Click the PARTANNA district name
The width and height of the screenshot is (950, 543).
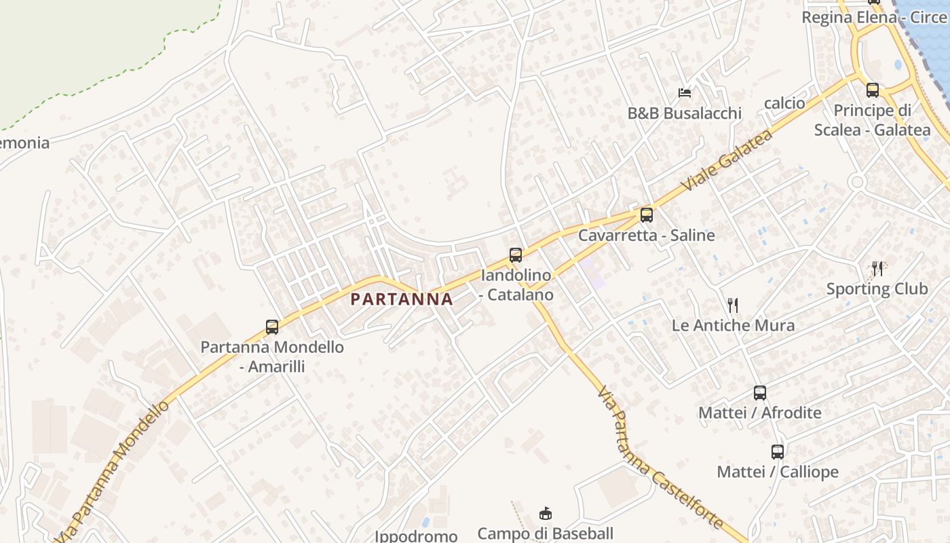pyautogui.click(x=402, y=299)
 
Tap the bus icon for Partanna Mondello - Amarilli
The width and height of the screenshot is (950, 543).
pyautogui.click(x=272, y=327)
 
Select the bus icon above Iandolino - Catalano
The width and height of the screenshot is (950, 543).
pyautogui.click(x=516, y=255)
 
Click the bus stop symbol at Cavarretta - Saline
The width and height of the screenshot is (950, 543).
pyautogui.click(x=647, y=215)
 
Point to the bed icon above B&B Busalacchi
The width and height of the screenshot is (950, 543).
pyautogui.click(x=685, y=92)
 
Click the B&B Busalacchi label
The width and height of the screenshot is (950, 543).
pyautogui.click(x=684, y=113)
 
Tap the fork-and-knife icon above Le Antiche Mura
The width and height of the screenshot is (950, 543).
pyautogui.click(x=732, y=305)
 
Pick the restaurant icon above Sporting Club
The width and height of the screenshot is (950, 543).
pyautogui.click(x=877, y=269)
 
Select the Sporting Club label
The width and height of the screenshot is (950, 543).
pyautogui.click(x=877, y=289)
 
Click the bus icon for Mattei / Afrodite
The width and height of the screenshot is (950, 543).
pyautogui.click(x=760, y=392)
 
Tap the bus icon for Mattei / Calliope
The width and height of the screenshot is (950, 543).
pyautogui.click(x=778, y=451)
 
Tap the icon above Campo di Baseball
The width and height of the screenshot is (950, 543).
pyautogui.click(x=545, y=513)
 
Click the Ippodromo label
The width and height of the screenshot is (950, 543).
pyautogui.click(x=416, y=536)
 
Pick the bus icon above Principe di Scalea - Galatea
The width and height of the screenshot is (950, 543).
pyautogui.click(x=873, y=90)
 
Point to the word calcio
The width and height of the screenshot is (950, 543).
pyautogui.click(x=784, y=103)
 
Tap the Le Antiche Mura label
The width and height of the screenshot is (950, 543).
pyautogui.click(x=733, y=325)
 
